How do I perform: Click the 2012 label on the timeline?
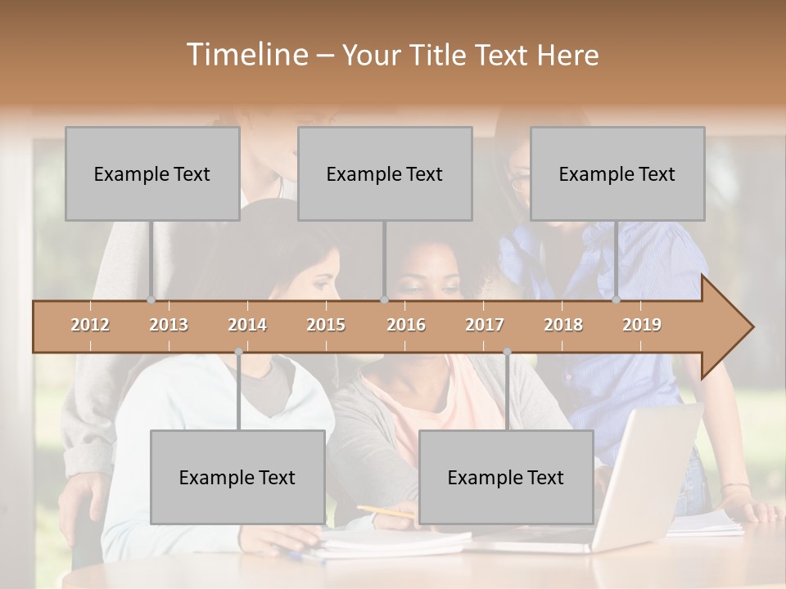[x=90, y=325]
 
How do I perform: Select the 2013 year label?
[x=169, y=325]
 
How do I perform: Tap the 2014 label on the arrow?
[x=247, y=325]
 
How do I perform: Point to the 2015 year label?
[x=326, y=325]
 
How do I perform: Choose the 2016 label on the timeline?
[x=406, y=325]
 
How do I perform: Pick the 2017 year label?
[x=485, y=325]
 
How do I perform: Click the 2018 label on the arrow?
[x=563, y=325]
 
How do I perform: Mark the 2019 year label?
[x=642, y=325]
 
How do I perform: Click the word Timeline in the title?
[x=246, y=55]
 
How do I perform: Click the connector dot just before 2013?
[x=151, y=300]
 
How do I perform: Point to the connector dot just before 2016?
[x=384, y=300]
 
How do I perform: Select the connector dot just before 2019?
[x=617, y=300]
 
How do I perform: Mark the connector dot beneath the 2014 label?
[x=238, y=352]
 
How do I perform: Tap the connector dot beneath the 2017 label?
[x=507, y=352]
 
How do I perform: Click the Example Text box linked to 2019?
[x=617, y=173]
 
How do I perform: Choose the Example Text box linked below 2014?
[x=237, y=477]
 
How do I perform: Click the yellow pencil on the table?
[x=385, y=512]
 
